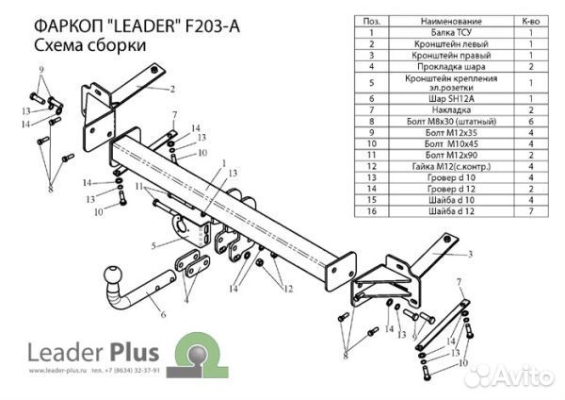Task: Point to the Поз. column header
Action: pos(373,20)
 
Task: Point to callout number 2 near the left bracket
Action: pos(173,90)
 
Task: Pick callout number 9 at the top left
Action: pos(41,71)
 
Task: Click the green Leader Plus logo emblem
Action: pos(201,358)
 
